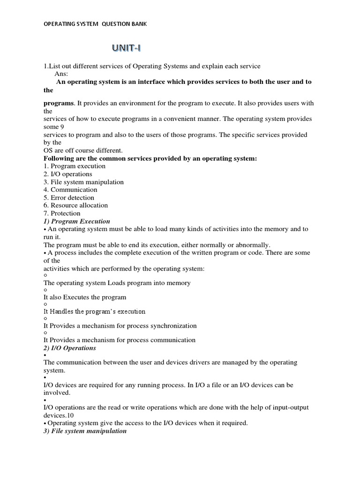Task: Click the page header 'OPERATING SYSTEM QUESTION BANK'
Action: coord(95,24)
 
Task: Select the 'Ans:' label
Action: coord(61,74)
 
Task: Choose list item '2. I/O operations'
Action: coord(68,174)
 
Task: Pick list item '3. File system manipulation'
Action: coord(83,182)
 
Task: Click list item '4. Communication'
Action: coord(70,190)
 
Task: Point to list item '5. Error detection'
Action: coord(69,198)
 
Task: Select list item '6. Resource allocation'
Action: coord(75,205)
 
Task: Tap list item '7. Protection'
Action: coord(62,213)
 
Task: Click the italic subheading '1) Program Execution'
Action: coord(77,221)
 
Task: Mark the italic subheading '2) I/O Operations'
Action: coord(70,348)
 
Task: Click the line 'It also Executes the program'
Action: coord(85,297)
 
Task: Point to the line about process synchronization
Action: coord(120,326)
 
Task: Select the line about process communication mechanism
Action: coord(120,340)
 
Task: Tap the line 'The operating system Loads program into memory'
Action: coord(117,283)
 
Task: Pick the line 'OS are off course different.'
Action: coord(83,150)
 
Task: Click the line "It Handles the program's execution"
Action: coord(95,311)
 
